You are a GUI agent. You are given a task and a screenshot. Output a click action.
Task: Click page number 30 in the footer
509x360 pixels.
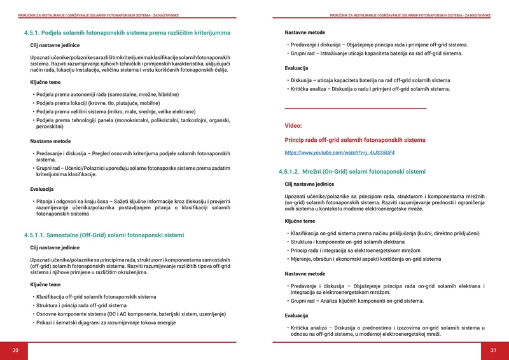point(15,350)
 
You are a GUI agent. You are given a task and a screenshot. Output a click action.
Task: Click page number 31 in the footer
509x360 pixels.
point(493,350)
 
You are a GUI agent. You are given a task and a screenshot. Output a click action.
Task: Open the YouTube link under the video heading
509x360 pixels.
point(340,153)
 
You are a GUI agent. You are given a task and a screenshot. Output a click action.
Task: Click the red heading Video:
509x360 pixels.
point(293,126)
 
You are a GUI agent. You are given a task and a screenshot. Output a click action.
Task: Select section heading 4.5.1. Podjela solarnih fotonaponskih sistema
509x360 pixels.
point(127,32)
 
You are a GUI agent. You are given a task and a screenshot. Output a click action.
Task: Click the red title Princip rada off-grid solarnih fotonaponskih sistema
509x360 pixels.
point(355,140)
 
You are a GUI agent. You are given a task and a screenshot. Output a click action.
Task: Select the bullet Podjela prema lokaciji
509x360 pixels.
point(98,102)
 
